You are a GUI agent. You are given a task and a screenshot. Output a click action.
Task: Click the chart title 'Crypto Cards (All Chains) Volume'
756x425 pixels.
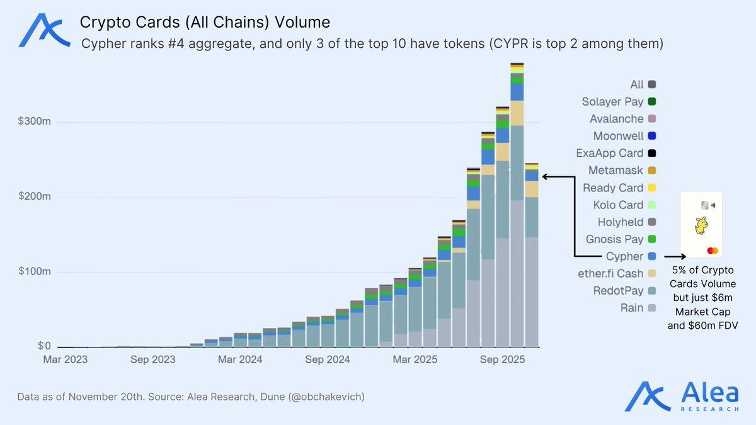point(205,23)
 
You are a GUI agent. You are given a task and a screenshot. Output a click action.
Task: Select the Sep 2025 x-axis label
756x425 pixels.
point(498,360)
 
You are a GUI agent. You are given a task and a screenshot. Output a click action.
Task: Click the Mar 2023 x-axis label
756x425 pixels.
point(65,360)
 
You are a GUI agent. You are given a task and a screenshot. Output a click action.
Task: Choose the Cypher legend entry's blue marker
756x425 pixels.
point(651,256)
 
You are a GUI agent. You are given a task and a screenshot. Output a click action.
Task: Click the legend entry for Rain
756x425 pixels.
point(632,308)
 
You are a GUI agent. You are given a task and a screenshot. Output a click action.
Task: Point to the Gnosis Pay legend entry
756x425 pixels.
point(614,239)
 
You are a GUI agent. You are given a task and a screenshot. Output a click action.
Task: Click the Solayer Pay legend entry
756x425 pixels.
point(612,101)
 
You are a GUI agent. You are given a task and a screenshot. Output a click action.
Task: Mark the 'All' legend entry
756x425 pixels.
point(637,84)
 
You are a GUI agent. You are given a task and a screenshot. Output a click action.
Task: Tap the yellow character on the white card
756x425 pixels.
point(701,225)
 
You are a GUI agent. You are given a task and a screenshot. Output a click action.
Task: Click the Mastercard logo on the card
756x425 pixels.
point(713,251)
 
